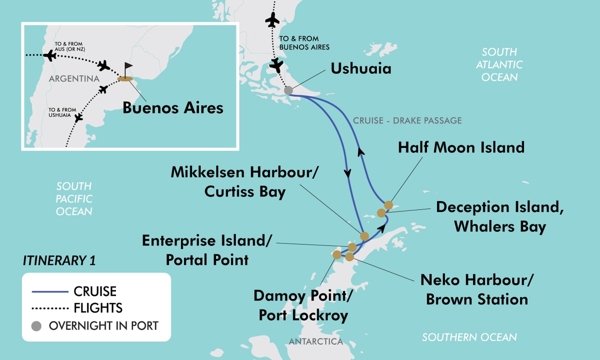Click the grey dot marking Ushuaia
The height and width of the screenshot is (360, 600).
288,90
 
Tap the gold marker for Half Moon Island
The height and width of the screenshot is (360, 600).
388,205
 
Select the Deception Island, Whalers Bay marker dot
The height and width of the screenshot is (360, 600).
381,213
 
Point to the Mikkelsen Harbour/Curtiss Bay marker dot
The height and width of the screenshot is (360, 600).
364,236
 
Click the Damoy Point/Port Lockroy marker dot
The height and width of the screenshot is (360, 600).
337,254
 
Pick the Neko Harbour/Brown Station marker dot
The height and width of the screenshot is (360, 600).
349,256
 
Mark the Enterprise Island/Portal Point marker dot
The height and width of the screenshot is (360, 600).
352,247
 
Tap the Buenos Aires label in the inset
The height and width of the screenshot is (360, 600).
173,107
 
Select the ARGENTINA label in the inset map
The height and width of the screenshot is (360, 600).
73,79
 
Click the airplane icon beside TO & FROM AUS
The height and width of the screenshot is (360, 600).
50,55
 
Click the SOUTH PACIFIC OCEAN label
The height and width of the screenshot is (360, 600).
74,198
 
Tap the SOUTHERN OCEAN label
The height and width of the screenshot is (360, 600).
469,337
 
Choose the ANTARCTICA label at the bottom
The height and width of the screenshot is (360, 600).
315,341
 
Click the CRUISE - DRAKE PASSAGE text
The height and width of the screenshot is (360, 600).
407,120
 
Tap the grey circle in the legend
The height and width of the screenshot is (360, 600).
35,325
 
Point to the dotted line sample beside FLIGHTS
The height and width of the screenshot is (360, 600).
49,308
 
